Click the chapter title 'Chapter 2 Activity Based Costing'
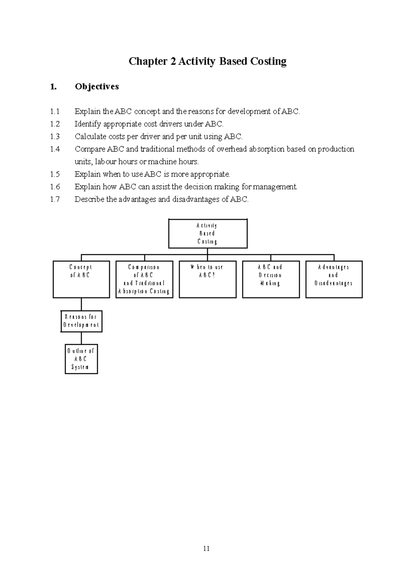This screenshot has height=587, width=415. tap(207, 62)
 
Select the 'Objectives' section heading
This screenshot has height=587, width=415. tap(97, 86)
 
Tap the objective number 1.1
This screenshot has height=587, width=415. tap(55, 112)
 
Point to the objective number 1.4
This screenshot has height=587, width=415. tap(55, 149)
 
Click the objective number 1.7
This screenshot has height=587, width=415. tap(55, 199)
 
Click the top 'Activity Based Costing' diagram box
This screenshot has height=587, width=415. tap(207, 234)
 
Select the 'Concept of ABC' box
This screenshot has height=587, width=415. tap(81, 279)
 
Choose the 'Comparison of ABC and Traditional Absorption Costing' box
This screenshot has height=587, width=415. tap(144, 279)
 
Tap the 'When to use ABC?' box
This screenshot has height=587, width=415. tap(207, 279)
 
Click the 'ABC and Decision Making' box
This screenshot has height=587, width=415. tap(271, 279)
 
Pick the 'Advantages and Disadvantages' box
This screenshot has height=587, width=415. tap(334, 279)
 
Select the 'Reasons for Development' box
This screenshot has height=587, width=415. tap(81, 321)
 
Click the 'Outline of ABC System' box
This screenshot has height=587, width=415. tap(81, 359)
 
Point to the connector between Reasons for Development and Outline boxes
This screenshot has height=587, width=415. tap(81, 338)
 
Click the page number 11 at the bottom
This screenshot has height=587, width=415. tap(207, 549)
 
